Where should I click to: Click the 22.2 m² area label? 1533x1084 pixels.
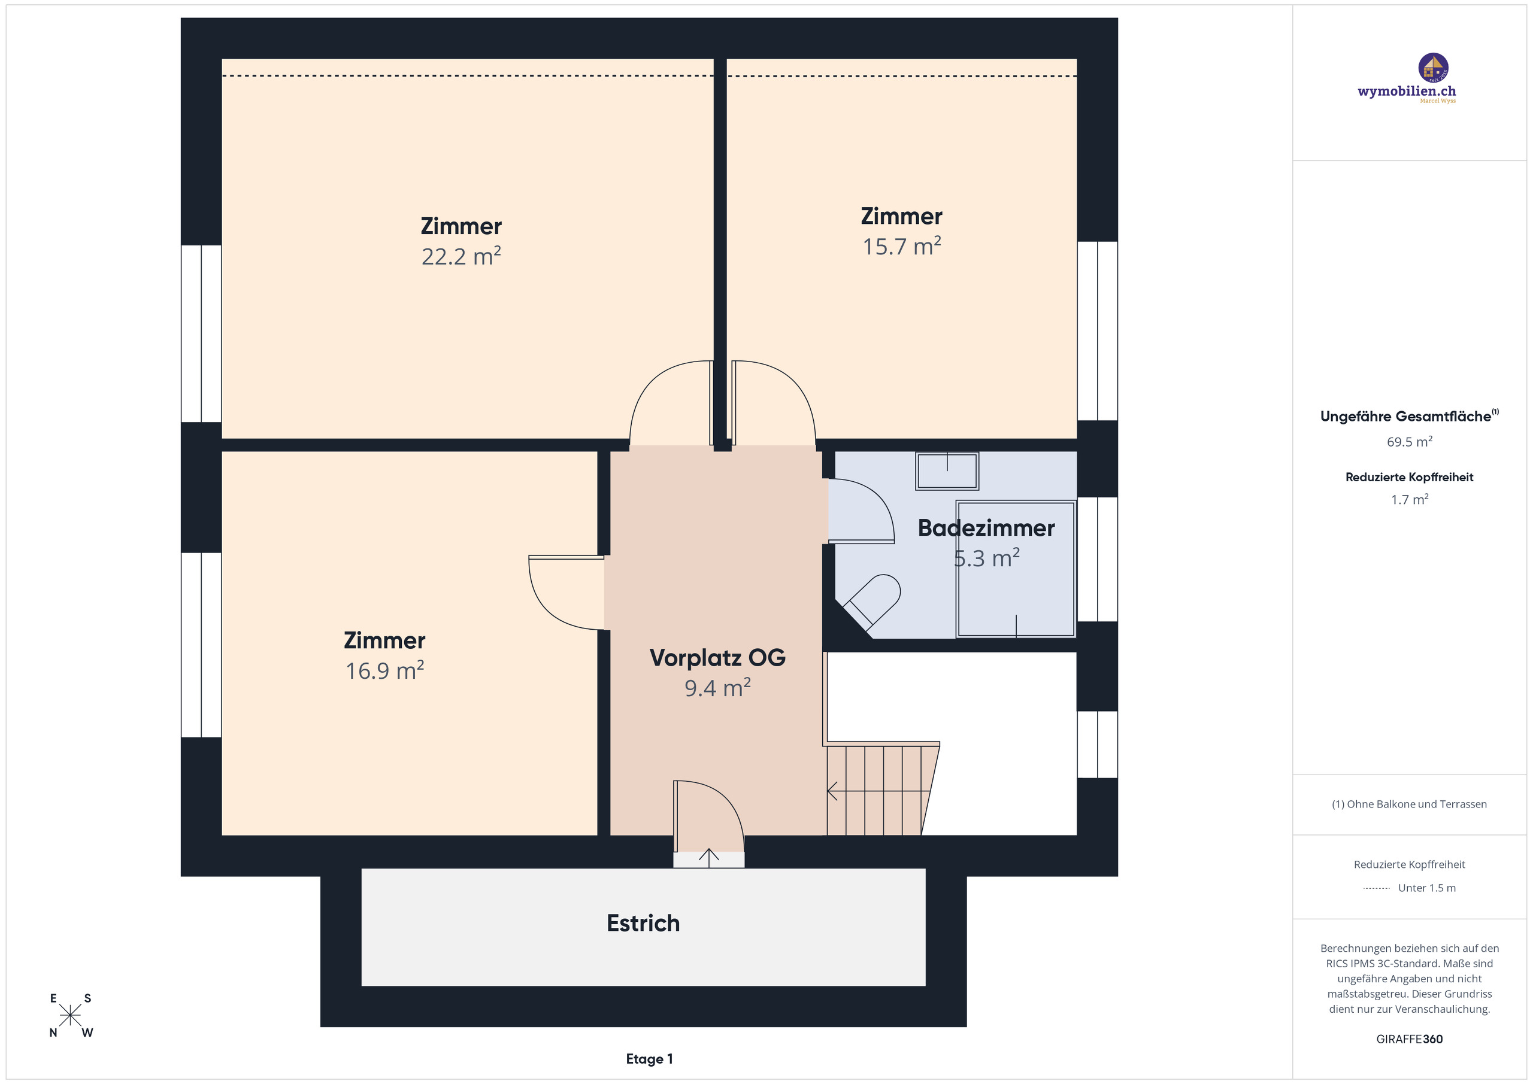click(x=460, y=257)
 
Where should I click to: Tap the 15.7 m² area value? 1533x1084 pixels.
click(x=901, y=247)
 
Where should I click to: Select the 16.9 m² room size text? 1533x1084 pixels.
click(x=384, y=671)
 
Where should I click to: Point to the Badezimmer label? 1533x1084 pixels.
click(x=986, y=528)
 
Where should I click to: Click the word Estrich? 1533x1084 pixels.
click(x=643, y=923)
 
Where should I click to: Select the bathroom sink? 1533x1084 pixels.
click(x=947, y=471)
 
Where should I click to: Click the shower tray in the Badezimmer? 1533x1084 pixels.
click(x=1015, y=569)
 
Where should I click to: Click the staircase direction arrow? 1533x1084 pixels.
click(x=833, y=791)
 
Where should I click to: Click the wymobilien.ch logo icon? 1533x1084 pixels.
click(x=1433, y=68)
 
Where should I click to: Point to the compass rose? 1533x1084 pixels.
click(x=70, y=1015)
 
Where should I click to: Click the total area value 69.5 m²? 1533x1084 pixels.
click(x=1409, y=442)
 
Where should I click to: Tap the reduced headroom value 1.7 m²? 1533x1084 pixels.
click(x=1409, y=500)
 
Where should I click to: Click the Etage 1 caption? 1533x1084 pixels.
click(x=649, y=1059)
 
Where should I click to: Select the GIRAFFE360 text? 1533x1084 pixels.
click(x=1409, y=1039)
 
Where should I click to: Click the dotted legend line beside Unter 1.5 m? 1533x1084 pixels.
click(x=1376, y=888)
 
